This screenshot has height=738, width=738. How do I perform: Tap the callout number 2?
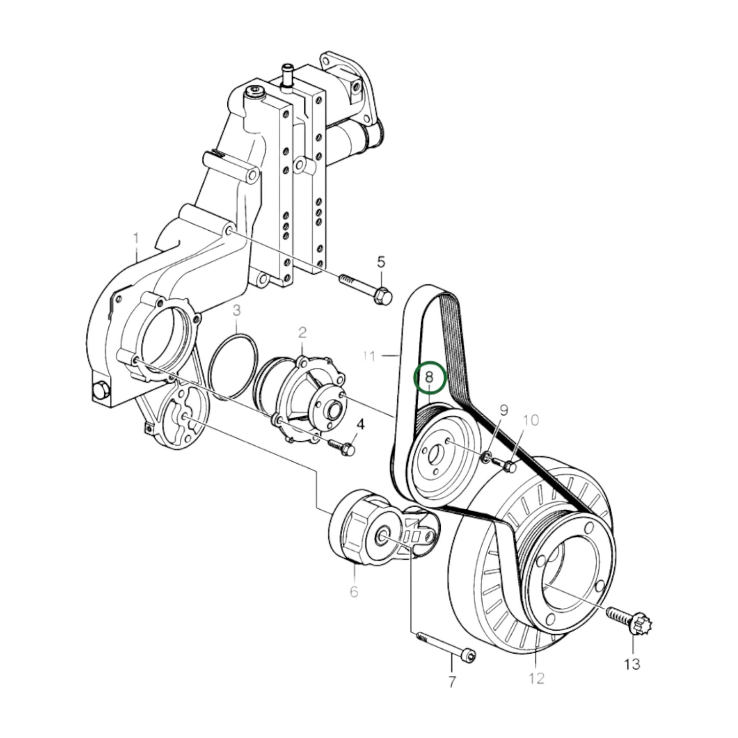pos(302,333)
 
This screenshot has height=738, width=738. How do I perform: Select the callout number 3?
pos(236,310)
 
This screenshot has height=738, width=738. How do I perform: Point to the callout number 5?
pos(382,262)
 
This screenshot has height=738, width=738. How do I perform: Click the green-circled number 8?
pos(430,378)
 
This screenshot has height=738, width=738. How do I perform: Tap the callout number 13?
pos(632,664)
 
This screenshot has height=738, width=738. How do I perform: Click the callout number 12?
pos(537,678)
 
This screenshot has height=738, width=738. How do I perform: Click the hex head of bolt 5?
pos(383,296)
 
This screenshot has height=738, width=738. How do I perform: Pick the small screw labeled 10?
pos(507,465)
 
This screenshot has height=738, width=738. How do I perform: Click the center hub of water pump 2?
pos(335,410)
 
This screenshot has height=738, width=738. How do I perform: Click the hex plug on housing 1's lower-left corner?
pos(101,392)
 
